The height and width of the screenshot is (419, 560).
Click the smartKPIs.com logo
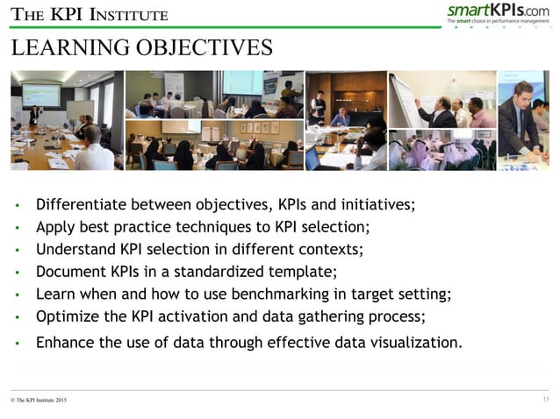point(498,12)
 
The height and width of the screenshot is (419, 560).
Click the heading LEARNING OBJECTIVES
point(141,48)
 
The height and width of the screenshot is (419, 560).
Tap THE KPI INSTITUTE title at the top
point(89,15)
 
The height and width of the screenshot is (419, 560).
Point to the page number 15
point(545,400)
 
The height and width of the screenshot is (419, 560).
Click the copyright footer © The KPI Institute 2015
point(38,401)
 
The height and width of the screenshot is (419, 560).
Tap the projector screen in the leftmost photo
point(40,94)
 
